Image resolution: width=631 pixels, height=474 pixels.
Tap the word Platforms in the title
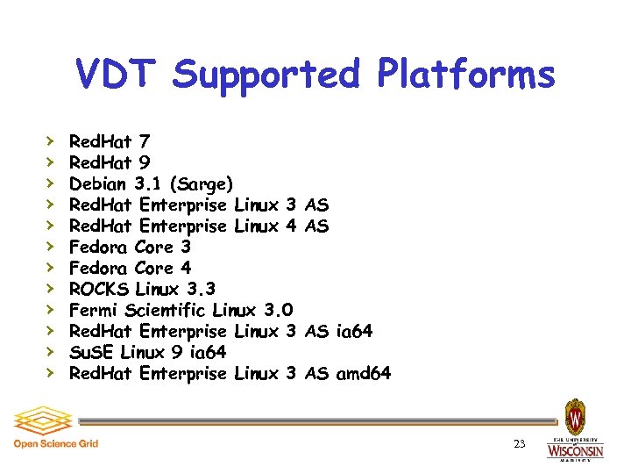click(466, 75)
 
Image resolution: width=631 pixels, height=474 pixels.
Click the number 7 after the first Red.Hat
click(144, 141)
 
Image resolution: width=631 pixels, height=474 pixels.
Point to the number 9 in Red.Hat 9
click(144, 162)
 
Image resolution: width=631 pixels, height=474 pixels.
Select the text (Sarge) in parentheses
click(202, 184)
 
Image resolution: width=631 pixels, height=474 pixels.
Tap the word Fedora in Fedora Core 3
click(99, 247)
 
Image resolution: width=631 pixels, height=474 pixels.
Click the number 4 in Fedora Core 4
click(185, 268)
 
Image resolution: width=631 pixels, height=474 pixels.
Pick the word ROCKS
click(100, 289)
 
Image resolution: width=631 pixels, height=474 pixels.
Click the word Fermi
click(94, 310)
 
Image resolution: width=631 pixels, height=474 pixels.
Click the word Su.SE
click(91, 352)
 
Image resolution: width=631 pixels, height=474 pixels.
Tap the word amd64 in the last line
click(363, 373)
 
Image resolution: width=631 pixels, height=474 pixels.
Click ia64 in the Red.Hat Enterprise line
click(355, 331)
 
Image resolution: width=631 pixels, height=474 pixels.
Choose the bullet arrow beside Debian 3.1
click(51, 183)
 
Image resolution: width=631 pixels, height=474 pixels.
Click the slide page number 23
click(519, 445)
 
